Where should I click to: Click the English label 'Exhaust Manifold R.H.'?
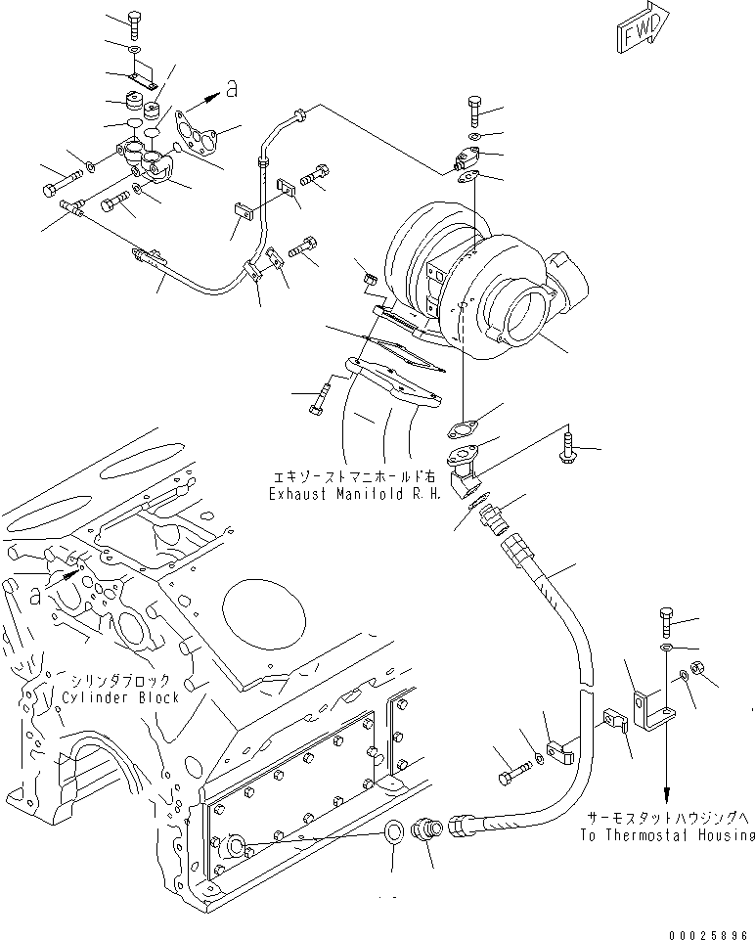[355, 494]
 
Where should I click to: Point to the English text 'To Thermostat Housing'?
[667, 834]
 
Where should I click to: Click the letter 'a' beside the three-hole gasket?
[231, 90]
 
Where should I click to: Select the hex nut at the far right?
[699, 669]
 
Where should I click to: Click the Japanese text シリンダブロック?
[118, 680]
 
